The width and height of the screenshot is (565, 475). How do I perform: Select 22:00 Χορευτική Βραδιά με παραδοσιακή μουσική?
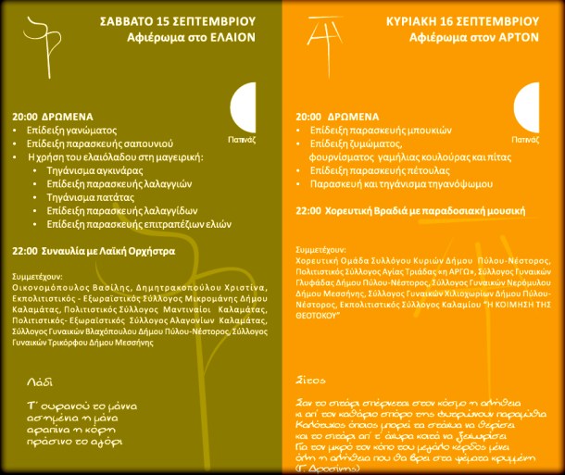(398, 211)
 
